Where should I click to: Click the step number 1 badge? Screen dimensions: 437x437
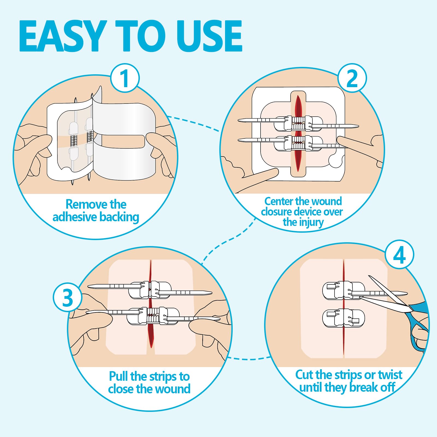click(125, 78)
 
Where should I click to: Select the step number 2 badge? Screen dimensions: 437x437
click(352, 78)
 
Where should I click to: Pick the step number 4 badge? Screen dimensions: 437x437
click(399, 255)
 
